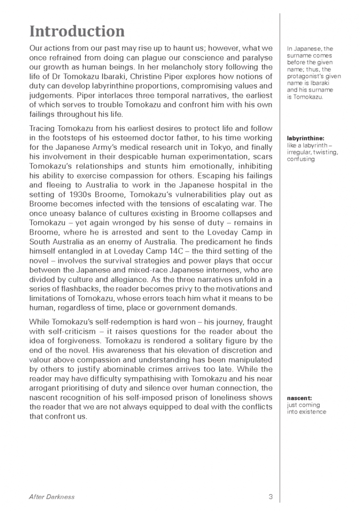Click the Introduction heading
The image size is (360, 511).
[76, 32]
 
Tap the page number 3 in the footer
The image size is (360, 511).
[271, 497]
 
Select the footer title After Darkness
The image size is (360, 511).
[51, 497]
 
